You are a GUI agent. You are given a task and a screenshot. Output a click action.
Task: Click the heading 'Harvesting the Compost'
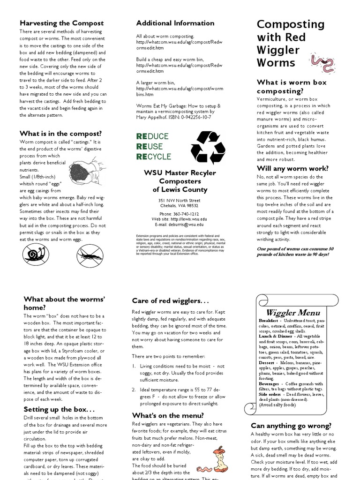(x=61, y=23)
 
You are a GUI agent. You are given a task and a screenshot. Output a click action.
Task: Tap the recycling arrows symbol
(x=208, y=147)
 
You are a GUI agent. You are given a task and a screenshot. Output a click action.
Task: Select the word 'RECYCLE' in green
(x=153, y=157)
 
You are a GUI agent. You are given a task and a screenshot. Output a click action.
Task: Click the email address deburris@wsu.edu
(x=186, y=225)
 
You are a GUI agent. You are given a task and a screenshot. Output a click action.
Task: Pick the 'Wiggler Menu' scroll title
(x=293, y=312)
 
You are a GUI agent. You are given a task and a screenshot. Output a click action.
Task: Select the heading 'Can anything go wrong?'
(x=291, y=426)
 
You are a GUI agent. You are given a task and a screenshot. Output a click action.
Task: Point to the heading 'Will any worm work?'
(x=292, y=168)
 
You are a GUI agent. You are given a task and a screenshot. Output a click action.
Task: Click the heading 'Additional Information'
(x=175, y=23)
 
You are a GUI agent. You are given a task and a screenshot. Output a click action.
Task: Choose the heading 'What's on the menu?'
(x=168, y=415)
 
